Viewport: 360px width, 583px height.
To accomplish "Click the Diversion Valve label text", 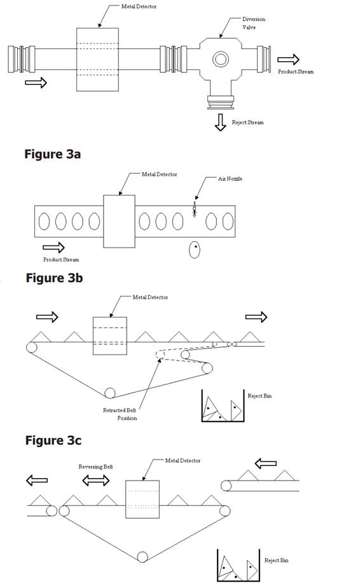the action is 254,23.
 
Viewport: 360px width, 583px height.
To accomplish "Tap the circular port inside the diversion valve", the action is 221,59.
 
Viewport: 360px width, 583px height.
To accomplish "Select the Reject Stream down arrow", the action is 220,122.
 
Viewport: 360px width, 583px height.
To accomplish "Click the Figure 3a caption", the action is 52,154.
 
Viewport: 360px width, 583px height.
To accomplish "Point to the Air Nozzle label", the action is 230,179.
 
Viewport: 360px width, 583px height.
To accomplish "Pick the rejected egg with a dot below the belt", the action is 195,249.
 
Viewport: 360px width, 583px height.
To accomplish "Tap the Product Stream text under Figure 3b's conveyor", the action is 61,260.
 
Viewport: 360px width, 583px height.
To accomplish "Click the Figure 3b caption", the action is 54,278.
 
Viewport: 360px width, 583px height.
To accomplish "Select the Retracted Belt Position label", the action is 120,414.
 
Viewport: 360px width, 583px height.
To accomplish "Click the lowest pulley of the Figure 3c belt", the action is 109,393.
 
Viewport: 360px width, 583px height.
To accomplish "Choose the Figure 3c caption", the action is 53,440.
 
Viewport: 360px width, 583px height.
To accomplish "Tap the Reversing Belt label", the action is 95,467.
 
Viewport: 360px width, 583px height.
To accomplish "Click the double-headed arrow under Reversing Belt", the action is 96,480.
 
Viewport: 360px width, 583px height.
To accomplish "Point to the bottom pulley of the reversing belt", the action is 142,557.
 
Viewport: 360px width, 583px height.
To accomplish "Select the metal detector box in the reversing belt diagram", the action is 142,499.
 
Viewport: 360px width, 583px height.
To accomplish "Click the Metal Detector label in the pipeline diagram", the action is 139,7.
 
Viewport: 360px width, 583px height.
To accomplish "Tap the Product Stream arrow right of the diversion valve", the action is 288,59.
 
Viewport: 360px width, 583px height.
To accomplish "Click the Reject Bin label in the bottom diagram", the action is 277,560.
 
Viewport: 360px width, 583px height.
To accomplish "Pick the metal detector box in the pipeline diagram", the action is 97,59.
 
